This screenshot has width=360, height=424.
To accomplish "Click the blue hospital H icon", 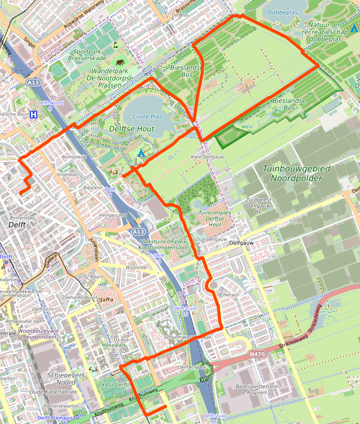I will (34, 114).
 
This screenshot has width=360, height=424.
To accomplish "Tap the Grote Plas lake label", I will (147, 117).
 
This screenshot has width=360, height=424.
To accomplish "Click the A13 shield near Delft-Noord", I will (34, 82).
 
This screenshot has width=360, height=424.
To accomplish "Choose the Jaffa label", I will (107, 299).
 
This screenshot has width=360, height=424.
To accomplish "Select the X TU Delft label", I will (114, 385).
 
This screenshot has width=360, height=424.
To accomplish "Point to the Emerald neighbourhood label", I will (229, 295).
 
